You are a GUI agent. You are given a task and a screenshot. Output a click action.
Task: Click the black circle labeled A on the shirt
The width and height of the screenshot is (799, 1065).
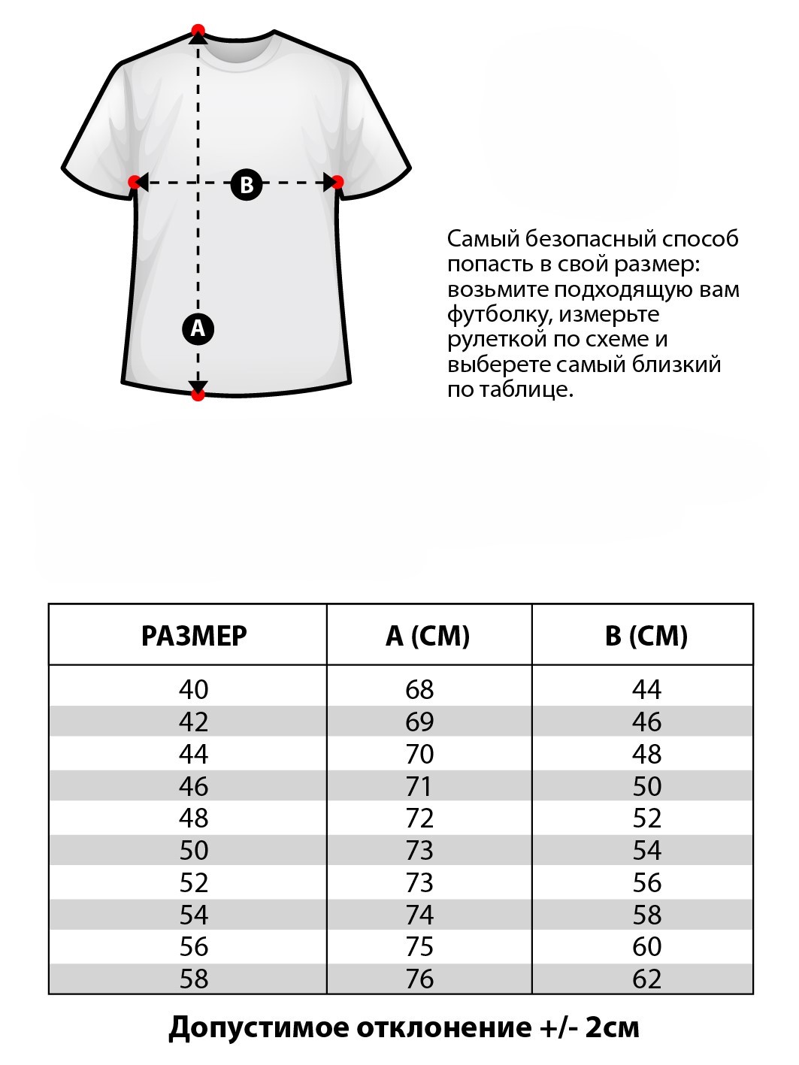coord(198,328)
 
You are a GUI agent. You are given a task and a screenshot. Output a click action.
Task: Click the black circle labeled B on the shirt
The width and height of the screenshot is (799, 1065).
coord(247,183)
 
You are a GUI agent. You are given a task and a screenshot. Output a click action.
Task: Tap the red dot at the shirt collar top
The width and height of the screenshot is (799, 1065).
coord(198,31)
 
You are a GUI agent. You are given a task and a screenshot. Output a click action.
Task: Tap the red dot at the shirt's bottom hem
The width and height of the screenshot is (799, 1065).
coord(198,394)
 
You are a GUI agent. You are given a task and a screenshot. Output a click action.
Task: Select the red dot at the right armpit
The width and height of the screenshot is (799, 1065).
coord(337,182)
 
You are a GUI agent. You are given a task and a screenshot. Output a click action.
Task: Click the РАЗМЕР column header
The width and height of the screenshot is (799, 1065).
coord(194,636)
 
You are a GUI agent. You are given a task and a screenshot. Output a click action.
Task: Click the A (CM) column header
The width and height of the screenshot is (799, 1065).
coord(428,636)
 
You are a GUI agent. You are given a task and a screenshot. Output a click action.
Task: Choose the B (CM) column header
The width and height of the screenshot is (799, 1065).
coord(646,636)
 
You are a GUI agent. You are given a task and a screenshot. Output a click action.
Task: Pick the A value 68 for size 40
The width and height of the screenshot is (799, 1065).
coord(419,689)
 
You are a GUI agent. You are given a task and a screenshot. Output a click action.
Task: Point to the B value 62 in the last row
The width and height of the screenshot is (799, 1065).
coord(646,979)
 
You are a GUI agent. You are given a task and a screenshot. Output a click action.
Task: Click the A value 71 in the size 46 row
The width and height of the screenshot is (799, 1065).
coord(419,786)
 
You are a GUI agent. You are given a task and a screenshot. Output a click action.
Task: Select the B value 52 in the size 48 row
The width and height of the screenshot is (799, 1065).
coord(646,818)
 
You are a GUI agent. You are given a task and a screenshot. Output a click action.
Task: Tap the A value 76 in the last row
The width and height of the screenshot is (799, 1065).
coord(419,979)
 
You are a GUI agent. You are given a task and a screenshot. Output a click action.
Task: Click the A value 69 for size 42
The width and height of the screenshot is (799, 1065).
coord(419,722)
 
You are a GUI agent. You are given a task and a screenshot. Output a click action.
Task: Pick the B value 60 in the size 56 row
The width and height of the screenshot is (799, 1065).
coord(646,946)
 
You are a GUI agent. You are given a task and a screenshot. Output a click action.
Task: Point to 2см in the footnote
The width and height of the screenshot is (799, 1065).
coord(612,1027)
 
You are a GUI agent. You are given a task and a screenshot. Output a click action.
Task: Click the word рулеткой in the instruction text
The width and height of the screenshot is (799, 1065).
coord(497,339)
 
